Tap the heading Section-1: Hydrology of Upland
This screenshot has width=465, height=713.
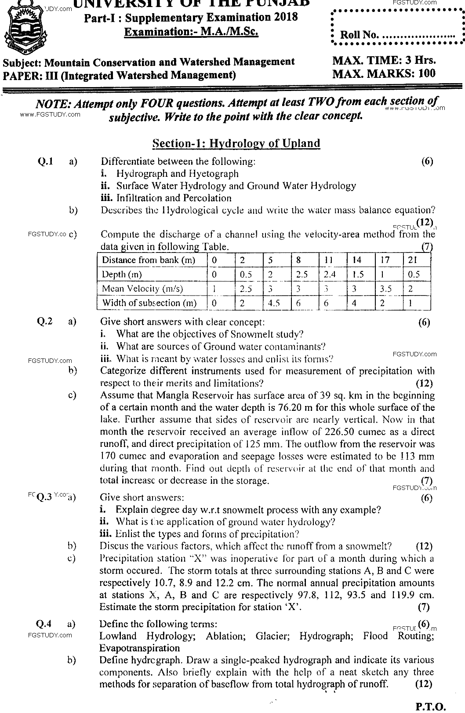pyautogui.click(x=236, y=143)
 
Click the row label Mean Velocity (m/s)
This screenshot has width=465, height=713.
pyautogui.click(x=142, y=289)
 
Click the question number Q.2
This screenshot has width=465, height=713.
pyautogui.click(x=45, y=322)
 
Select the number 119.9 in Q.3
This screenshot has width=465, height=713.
pyautogui.click(x=400, y=595)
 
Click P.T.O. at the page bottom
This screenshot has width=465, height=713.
pyautogui.click(x=430, y=706)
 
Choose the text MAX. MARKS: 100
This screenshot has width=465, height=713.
pyautogui.click(x=384, y=73)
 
